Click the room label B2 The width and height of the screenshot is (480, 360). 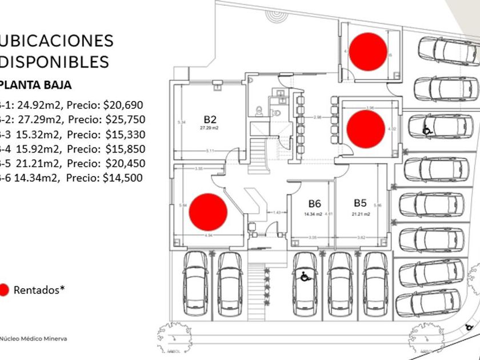point(210,119)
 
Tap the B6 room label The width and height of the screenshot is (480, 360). point(314,203)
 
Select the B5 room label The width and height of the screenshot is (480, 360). point(360,203)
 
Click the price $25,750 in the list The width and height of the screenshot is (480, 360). point(126,119)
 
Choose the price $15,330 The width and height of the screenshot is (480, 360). point(126,134)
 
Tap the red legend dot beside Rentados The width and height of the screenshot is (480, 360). point(4,290)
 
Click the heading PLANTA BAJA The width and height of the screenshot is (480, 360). point(37,86)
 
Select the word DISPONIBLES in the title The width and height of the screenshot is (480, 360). point(54,61)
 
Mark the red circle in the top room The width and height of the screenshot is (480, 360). point(367,50)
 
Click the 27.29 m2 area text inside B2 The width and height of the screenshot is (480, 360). point(210,129)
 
